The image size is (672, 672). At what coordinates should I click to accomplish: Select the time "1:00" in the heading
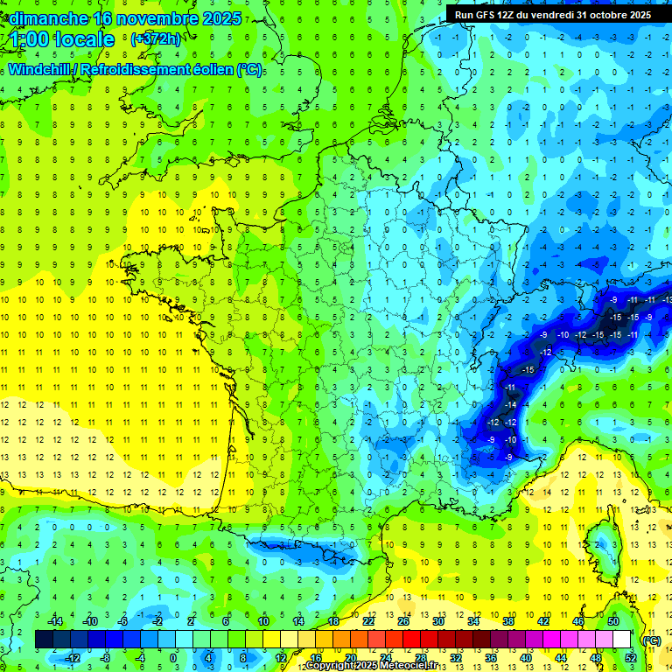pos(30,39)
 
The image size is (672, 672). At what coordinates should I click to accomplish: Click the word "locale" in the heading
pos(84,39)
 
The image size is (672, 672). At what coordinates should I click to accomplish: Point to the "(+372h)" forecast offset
pos(155,39)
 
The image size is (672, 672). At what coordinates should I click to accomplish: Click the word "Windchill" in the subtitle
pos(39,69)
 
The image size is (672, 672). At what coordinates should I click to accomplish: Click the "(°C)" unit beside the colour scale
pos(651,640)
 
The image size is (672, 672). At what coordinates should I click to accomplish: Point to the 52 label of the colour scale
pos(630,657)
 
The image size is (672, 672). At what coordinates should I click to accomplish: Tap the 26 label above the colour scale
pos(403,621)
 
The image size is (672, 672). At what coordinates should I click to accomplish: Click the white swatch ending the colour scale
pos(622,639)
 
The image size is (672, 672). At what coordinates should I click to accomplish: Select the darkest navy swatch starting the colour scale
pos(45,639)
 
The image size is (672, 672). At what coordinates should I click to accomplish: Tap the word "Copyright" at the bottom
pos(330,666)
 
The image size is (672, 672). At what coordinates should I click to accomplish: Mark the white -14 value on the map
pos(511,406)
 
